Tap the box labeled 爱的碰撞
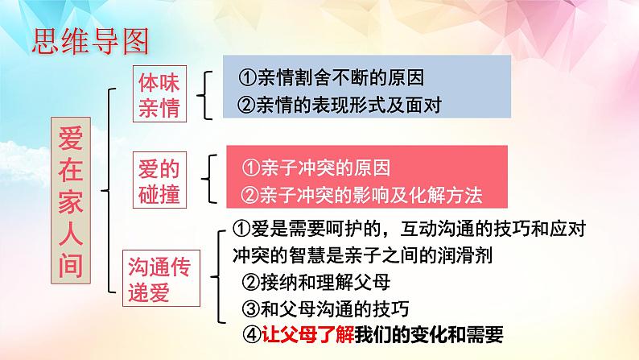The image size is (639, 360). tap(159, 181)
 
